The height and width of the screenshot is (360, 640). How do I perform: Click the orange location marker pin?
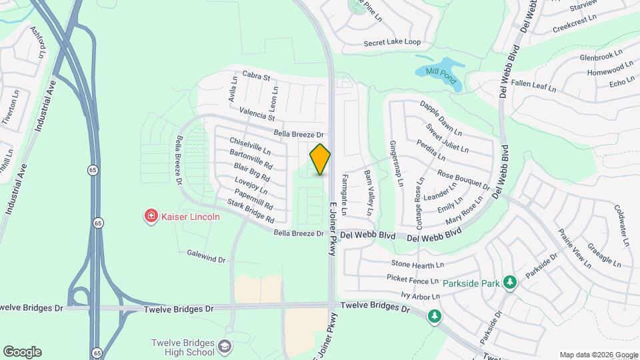(x=320, y=159)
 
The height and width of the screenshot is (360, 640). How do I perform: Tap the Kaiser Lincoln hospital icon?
(x=151, y=216)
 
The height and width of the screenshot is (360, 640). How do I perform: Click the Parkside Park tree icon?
(x=510, y=283)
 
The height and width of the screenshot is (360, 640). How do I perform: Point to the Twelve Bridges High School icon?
(x=225, y=347)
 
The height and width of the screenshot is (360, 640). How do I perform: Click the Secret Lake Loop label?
(x=392, y=42)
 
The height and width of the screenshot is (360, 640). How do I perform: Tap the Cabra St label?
(x=256, y=75)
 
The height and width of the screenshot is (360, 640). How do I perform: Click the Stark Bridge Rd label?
(x=251, y=211)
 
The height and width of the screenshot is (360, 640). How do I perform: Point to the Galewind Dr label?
(x=207, y=255)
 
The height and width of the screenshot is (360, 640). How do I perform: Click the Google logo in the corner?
(x=22, y=352)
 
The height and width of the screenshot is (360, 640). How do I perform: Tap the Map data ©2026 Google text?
(x=597, y=355)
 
